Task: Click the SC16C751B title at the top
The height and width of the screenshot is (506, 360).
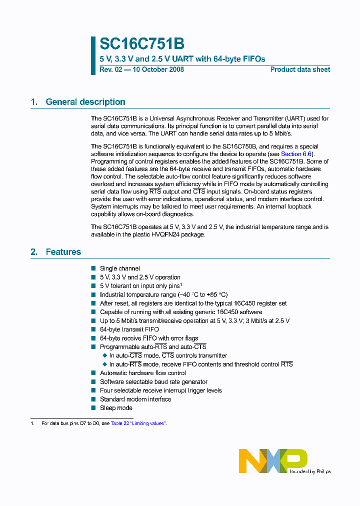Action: tap(135, 44)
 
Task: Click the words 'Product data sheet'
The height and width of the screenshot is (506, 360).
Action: tap(300, 69)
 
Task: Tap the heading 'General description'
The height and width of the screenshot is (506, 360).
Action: tap(85, 102)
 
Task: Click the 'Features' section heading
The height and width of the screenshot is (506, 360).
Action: tap(63, 252)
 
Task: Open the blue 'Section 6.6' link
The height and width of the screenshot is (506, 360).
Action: tap(297, 154)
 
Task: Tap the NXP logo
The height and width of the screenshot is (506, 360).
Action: tap(273, 460)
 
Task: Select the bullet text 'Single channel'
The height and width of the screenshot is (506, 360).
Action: tap(119, 268)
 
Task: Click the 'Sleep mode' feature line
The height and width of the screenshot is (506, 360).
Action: tap(116, 408)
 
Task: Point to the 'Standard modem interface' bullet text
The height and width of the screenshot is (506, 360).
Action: tap(135, 399)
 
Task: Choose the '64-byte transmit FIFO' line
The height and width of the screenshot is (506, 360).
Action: tap(129, 329)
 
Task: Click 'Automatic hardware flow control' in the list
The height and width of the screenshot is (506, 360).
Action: tap(143, 373)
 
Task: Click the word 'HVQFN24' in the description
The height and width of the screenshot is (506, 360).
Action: tap(172, 235)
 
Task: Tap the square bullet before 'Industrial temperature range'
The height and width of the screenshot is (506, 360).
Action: tap(93, 295)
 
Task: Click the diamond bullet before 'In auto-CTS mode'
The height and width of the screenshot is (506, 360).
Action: tap(104, 355)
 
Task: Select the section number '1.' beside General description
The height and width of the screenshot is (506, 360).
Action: tap(34, 102)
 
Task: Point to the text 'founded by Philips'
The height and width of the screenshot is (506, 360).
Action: tap(310, 471)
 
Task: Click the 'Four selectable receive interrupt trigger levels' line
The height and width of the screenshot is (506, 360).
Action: tap(160, 390)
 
